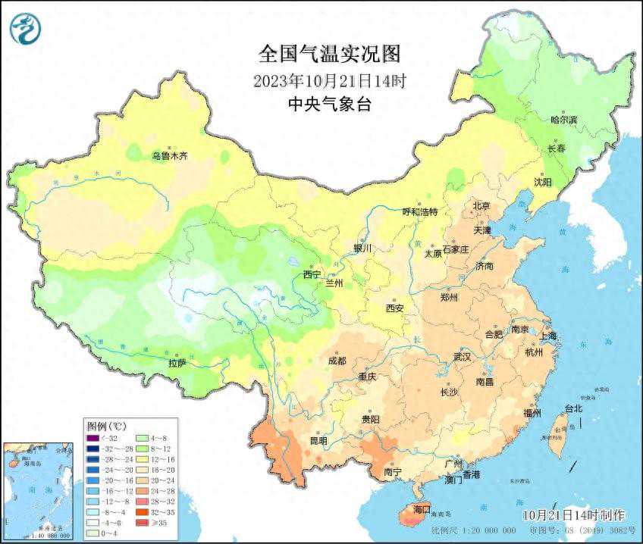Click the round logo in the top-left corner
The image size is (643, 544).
24,29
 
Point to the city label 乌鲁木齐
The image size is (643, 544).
169,156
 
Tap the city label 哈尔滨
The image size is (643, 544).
563,120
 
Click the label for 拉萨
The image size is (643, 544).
177,364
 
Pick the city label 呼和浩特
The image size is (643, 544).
419,212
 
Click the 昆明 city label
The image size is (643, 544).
318,440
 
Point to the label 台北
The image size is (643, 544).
573,408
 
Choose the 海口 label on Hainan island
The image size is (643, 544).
421,508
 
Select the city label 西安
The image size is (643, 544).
394,308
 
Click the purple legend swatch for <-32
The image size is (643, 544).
92,438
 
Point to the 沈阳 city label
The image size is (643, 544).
543,182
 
